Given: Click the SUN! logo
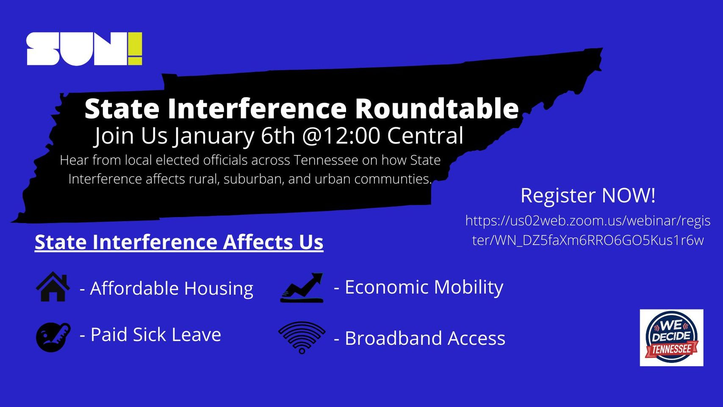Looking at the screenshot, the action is pyautogui.click(x=84, y=49).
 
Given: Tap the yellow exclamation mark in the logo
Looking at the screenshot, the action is pyautogui.click(x=135, y=49).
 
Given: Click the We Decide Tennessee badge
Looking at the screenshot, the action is pyautogui.click(x=671, y=337).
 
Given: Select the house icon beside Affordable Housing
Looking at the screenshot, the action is pyautogui.click(x=53, y=287).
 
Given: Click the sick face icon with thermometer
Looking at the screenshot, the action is pyautogui.click(x=53, y=337).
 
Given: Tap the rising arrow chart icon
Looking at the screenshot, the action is pyautogui.click(x=302, y=287).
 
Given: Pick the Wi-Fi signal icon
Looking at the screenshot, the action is pyautogui.click(x=302, y=337).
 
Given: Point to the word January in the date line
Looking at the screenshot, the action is pyautogui.click(x=213, y=136).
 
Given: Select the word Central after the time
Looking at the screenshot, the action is pyautogui.click(x=425, y=136).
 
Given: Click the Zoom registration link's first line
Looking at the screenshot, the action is pyautogui.click(x=588, y=221).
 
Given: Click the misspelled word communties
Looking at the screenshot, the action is pyautogui.click(x=393, y=179).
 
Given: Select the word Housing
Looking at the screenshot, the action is pyautogui.click(x=219, y=288).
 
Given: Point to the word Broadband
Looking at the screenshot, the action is pyautogui.click(x=393, y=338).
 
